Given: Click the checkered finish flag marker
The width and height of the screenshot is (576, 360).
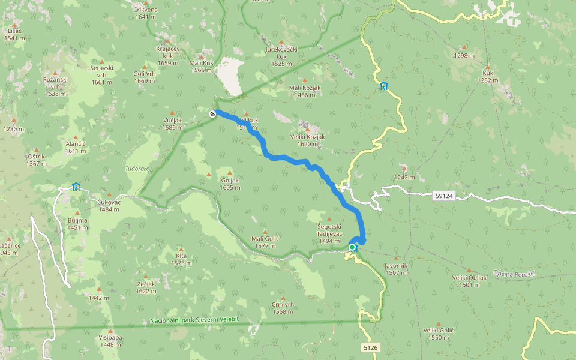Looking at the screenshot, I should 212,114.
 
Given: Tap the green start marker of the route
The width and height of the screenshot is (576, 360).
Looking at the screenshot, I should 352,247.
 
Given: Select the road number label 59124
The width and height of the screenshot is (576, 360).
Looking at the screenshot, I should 443,196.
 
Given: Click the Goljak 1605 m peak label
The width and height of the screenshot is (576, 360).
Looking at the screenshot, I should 230,184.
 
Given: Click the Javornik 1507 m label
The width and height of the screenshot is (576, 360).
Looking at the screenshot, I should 395,268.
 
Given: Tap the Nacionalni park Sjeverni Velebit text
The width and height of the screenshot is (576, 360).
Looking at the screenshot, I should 194,319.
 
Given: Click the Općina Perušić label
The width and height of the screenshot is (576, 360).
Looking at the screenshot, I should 515,273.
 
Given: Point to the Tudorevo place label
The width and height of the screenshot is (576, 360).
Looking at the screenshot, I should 137,169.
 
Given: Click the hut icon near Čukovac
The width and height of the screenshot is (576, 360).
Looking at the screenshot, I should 76,187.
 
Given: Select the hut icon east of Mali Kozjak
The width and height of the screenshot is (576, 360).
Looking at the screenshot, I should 384,86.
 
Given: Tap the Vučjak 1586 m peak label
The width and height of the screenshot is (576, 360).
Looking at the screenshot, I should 172,123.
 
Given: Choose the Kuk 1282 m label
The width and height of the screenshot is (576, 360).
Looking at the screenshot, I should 488,76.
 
